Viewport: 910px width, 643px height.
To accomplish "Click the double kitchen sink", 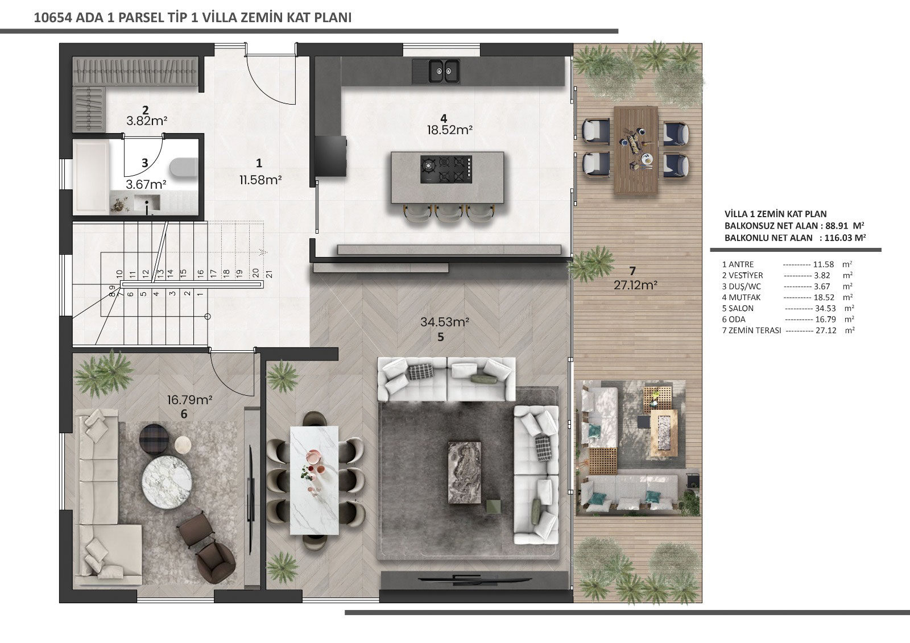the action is click(x=436, y=71).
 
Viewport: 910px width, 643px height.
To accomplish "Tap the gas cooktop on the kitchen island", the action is click(x=446, y=169).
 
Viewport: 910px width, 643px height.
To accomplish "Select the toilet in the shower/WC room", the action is click(x=184, y=168).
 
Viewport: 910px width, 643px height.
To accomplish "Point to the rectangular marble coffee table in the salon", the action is click(x=465, y=472).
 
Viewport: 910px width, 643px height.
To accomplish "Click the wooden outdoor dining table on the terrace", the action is click(x=636, y=150).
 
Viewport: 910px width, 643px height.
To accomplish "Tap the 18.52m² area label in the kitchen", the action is click(x=449, y=130).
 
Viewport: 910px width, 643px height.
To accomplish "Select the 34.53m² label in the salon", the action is click(x=445, y=322).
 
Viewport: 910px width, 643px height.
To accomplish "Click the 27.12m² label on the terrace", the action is click(x=635, y=285).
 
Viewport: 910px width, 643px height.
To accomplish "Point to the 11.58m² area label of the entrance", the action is click(x=260, y=180).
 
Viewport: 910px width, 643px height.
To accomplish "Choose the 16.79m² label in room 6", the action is click(x=190, y=400).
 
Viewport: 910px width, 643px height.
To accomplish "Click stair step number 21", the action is click(x=269, y=274).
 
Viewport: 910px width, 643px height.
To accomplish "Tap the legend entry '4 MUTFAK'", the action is click(x=742, y=297).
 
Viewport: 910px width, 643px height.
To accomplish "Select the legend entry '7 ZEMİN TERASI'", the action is click(x=751, y=331).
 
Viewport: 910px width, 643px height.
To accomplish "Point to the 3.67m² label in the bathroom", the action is click(x=146, y=184).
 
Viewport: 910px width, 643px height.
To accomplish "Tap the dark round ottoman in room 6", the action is click(x=153, y=437).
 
